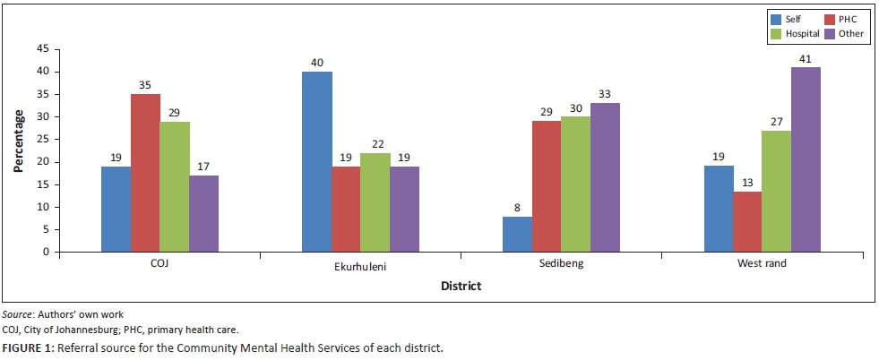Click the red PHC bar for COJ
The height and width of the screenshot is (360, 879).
click(x=145, y=173)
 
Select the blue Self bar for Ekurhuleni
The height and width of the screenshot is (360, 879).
click(x=316, y=162)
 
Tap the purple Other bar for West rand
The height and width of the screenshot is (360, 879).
click(x=805, y=159)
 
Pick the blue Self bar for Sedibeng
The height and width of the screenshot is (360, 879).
click(x=517, y=234)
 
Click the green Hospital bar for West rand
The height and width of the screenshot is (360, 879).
click(x=776, y=191)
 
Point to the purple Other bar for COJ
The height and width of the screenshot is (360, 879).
click(x=203, y=213)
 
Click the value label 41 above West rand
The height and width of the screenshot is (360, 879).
click(x=805, y=58)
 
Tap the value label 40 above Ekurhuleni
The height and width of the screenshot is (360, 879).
click(x=316, y=63)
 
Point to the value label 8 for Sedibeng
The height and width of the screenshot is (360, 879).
click(x=517, y=207)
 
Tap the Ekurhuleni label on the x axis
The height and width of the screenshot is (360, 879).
click(x=359, y=268)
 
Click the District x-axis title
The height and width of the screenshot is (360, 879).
click(x=461, y=287)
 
